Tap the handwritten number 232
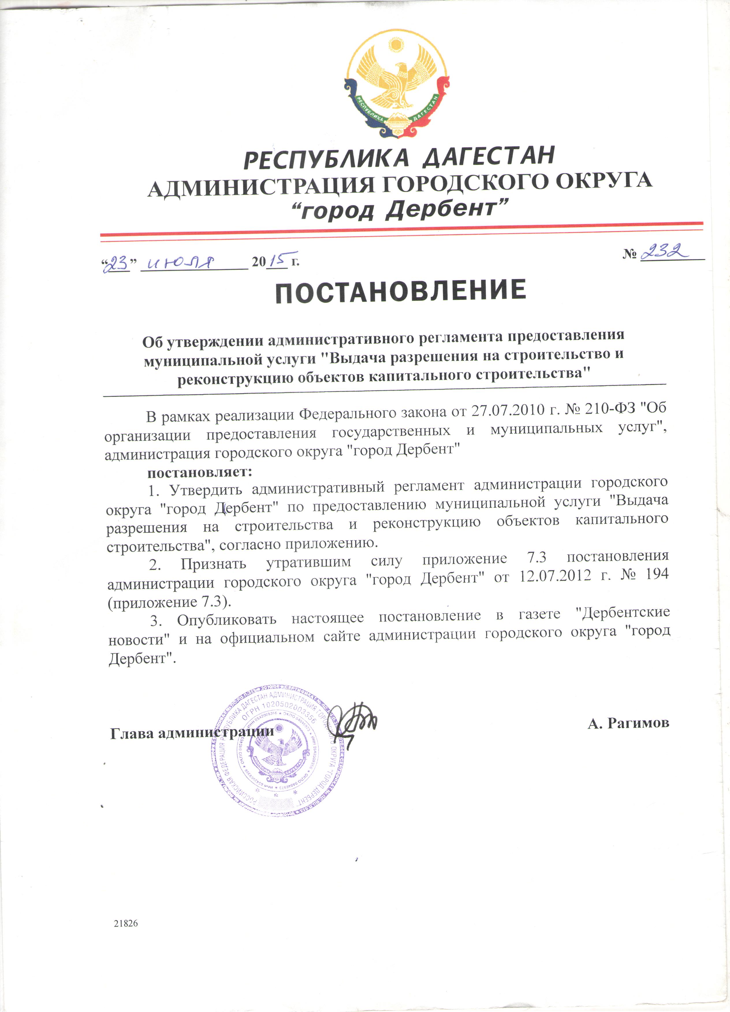(665, 252)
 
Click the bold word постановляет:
(200, 471)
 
